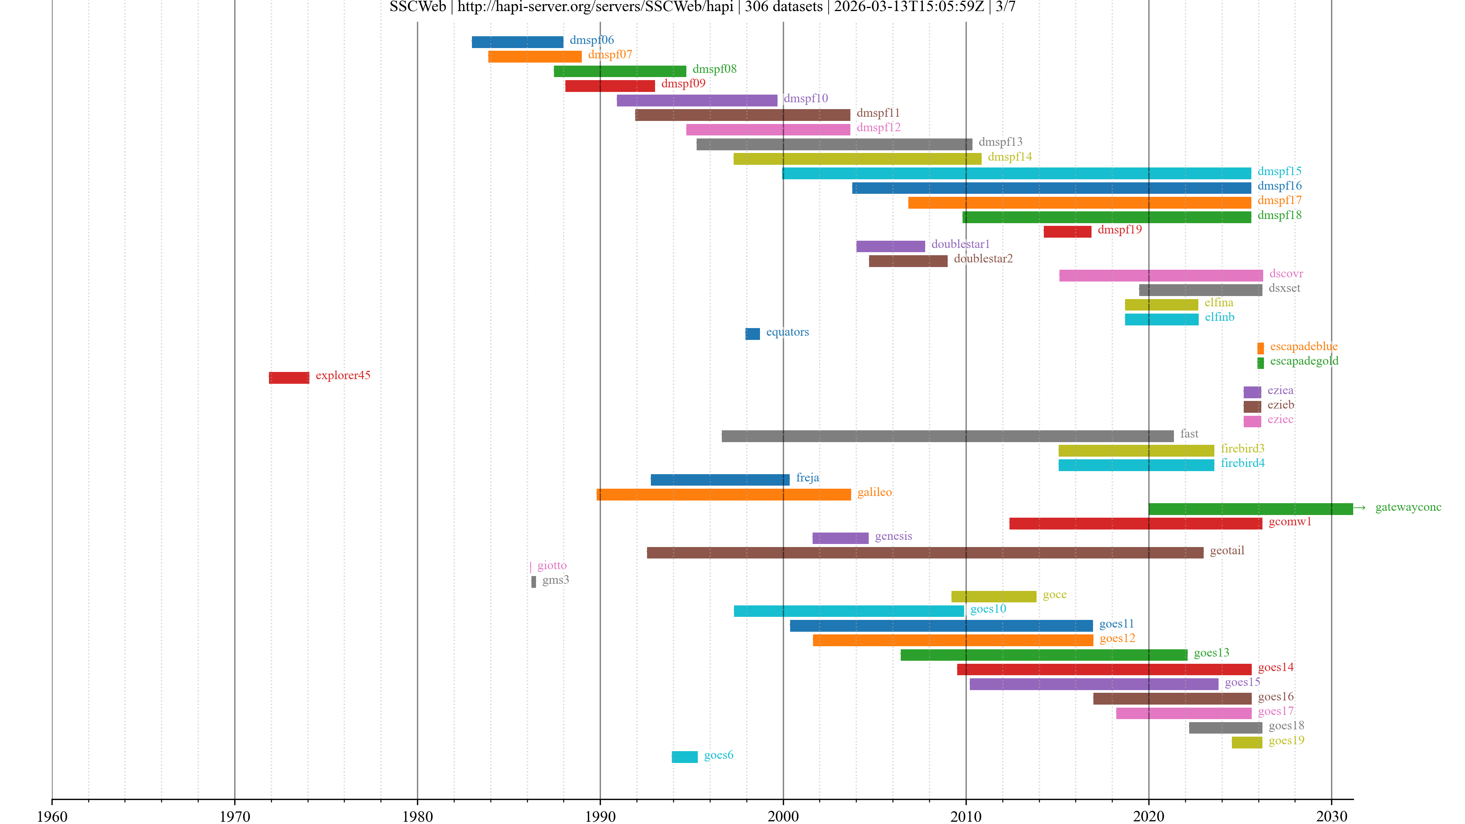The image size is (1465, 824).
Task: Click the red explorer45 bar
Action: (289, 378)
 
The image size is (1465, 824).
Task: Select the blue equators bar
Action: (752, 334)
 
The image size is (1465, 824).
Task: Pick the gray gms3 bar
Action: (533, 582)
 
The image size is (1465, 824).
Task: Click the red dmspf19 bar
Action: (1067, 232)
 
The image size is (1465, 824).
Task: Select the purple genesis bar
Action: (840, 538)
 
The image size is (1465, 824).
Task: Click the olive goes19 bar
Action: (1247, 742)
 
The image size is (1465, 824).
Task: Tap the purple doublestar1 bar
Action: (890, 246)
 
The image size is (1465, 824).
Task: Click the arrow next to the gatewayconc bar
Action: (1359, 508)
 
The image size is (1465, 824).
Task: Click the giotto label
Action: (552, 565)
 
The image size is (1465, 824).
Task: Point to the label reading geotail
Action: (1227, 550)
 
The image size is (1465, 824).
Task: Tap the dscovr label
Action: (1286, 274)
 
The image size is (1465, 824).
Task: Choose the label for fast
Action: (1189, 434)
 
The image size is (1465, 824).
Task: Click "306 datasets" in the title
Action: (783, 7)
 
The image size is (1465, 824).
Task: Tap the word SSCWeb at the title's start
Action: (417, 7)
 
